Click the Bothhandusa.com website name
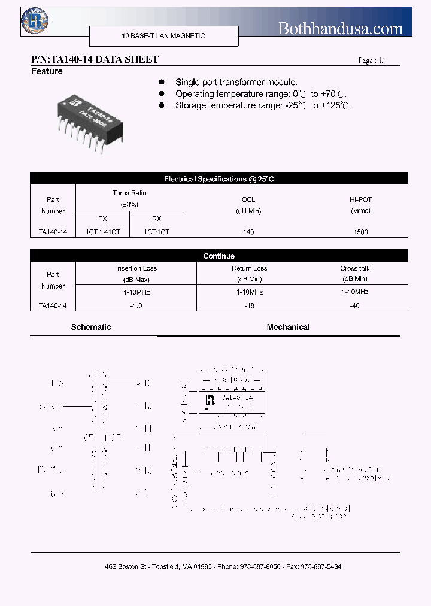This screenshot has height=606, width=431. click(x=341, y=28)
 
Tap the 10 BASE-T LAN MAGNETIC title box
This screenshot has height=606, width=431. click(x=163, y=36)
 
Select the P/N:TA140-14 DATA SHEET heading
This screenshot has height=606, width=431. click(x=95, y=59)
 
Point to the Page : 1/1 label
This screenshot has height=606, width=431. click(x=372, y=60)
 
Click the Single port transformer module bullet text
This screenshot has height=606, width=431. click(x=236, y=82)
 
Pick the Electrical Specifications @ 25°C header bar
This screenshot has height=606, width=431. click(x=218, y=179)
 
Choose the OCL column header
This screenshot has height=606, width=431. click(x=248, y=199)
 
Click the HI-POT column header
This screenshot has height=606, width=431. click(x=360, y=199)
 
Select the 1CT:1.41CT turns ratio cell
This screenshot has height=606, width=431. click(x=103, y=232)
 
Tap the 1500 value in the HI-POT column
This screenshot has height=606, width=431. click(x=360, y=232)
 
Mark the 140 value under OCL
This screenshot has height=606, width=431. click(x=248, y=232)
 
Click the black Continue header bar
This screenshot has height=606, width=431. click(x=218, y=256)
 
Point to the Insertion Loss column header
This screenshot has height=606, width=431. click(x=136, y=269)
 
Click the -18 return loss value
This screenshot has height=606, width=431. click(x=249, y=305)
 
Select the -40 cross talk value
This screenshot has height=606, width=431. click(x=354, y=305)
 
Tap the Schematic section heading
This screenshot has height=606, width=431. click(x=91, y=328)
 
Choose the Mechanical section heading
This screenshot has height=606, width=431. click(x=288, y=328)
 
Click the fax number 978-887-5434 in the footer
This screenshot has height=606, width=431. click(x=320, y=566)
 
